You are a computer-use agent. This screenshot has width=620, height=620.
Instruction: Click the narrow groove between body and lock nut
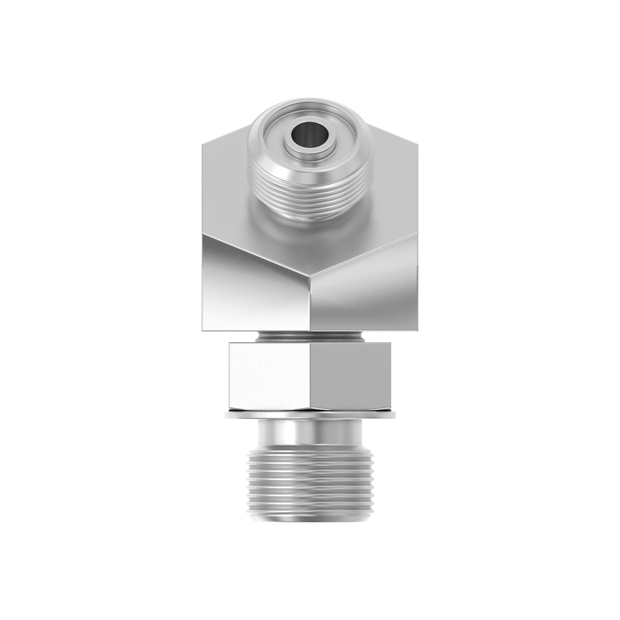[310, 337]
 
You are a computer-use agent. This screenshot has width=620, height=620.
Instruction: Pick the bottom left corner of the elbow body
[202, 330]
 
